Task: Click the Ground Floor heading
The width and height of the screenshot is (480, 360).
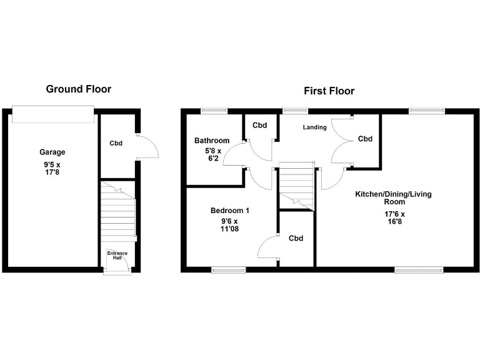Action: click(x=79, y=89)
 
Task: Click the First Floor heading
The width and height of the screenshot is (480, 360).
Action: click(x=329, y=91)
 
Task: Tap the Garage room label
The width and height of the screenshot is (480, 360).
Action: click(x=52, y=152)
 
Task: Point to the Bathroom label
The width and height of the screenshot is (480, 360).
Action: click(x=211, y=141)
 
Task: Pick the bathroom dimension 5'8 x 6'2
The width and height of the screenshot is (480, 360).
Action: click(x=211, y=155)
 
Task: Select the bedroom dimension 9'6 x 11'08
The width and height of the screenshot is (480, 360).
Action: click(x=229, y=225)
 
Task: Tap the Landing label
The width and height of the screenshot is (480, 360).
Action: click(x=315, y=127)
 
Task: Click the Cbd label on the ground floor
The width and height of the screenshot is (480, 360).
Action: click(x=116, y=143)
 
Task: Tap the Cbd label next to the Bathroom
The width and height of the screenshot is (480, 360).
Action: click(x=260, y=126)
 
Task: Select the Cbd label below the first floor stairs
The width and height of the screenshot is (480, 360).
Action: click(x=296, y=238)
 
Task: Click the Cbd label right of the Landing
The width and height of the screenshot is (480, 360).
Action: click(x=365, y=139)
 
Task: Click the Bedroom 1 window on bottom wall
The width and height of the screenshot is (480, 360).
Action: click(x=228, y=270)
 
